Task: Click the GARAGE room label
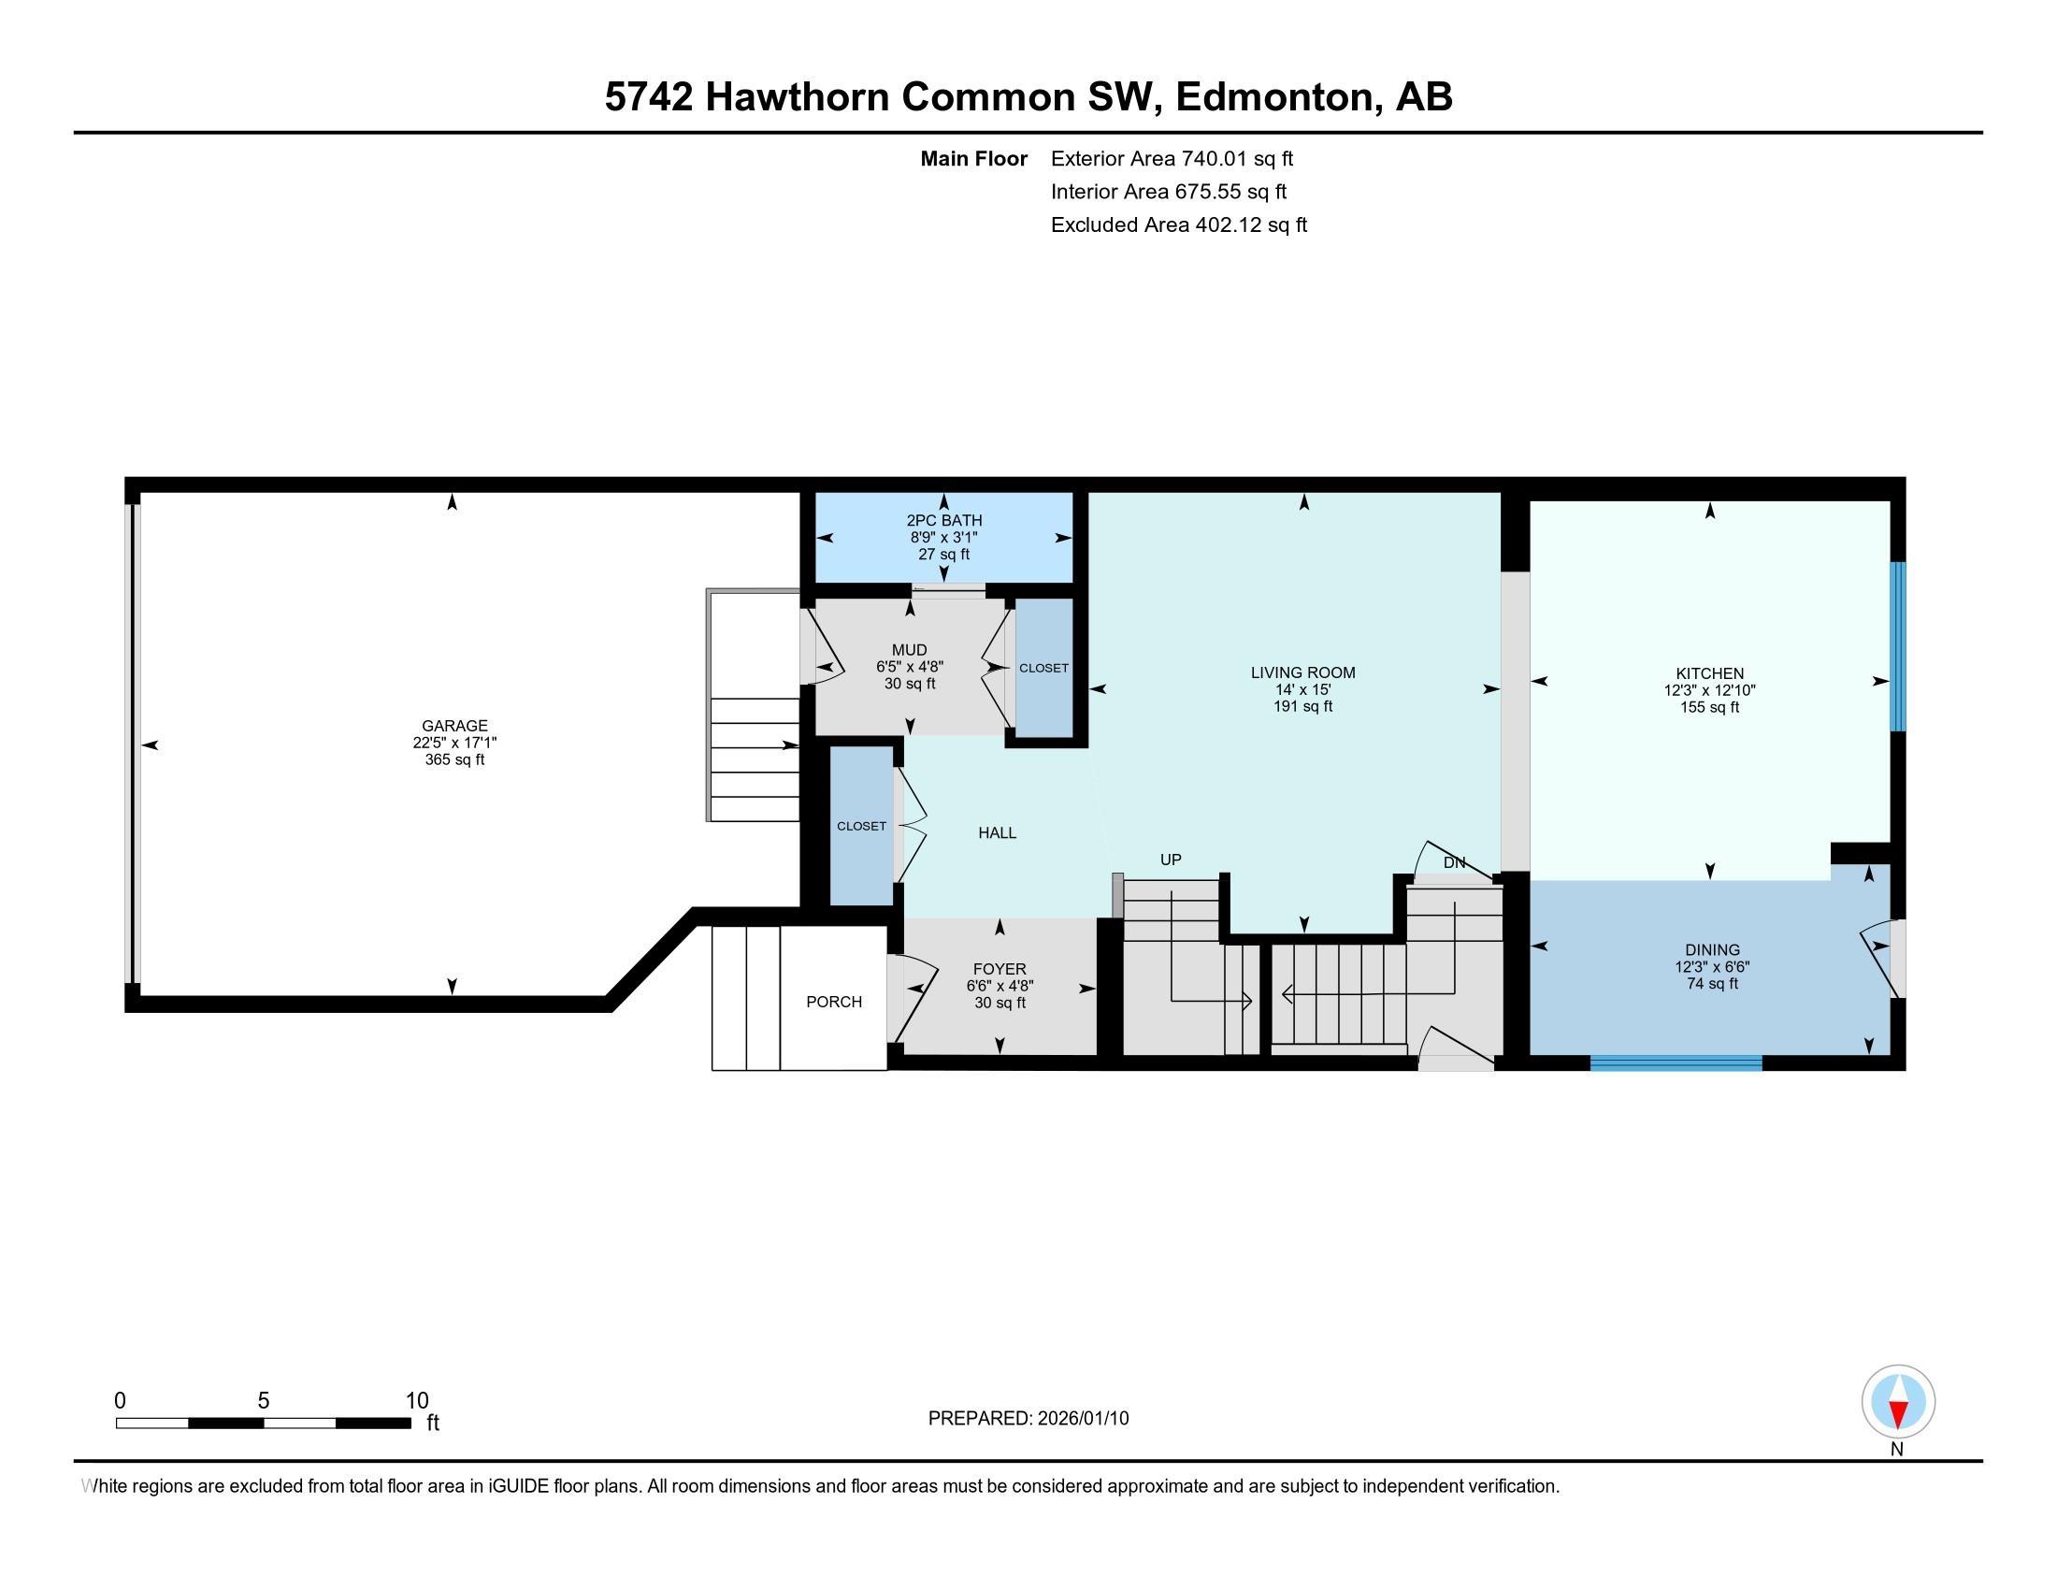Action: [x=454, y=725]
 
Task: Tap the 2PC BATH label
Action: [x=943, y=520]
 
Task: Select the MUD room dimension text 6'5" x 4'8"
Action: [x=909, y=667]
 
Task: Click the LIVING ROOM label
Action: [x=1302, y=672]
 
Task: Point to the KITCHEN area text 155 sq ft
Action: [x=1709, y=707]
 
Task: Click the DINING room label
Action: [x=1712, y=949]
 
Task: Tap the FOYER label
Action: [x=1000, y=968]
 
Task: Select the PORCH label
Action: [x=833, y=1002]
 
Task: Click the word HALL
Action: [x=997, y=832]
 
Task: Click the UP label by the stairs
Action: [x=1170, y=859]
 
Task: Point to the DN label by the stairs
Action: [x=1454, y=862]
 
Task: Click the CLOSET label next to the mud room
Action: [x=1043, y=668]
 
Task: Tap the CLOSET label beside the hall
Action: [x=861, y=826]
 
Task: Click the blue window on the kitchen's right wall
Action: [x=1898, y=646]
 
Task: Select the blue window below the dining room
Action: [x=1676, y=1063]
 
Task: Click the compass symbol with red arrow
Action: [x=1898, y=1402]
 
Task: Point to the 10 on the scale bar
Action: [x=416, y=1401]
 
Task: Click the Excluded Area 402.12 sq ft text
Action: [x=1178, y=225]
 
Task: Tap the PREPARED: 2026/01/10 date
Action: [x=1028, y=1419]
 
